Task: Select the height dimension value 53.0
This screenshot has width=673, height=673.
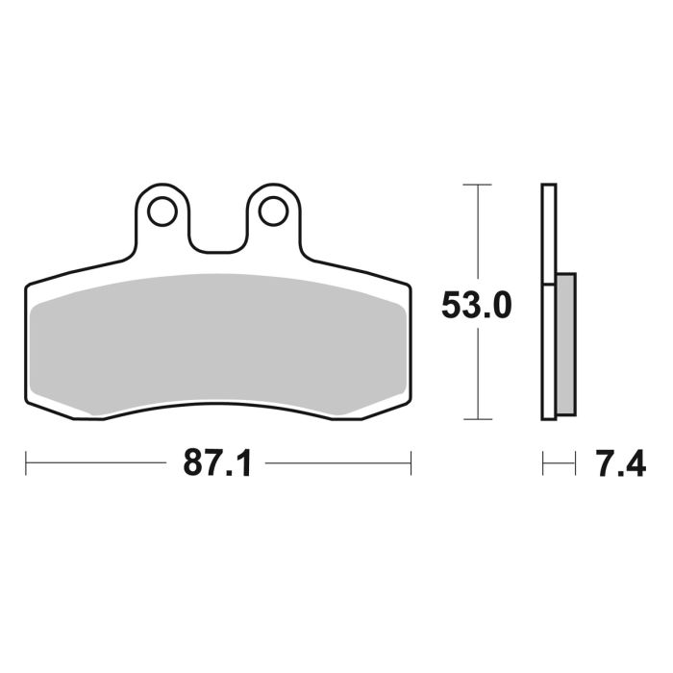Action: click(476, 305)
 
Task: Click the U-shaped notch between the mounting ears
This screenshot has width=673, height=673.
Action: click(216, 231)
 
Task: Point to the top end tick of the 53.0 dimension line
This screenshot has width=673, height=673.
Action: click(477, 184)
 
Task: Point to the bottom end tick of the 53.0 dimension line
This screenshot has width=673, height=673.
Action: click(477, 419)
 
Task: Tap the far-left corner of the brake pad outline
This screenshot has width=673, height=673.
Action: click(26, 286)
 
